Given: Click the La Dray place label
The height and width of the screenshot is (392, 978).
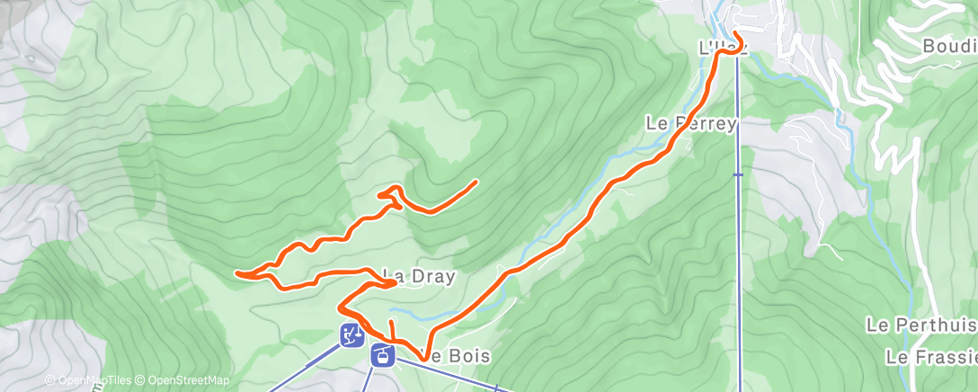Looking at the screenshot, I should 419,276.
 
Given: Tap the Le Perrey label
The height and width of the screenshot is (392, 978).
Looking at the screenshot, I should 691,123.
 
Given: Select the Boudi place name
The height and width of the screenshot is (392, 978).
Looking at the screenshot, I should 949,45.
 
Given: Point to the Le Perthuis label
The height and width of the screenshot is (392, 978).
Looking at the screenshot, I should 921,324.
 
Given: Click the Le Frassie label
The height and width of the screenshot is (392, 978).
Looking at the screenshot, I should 930,357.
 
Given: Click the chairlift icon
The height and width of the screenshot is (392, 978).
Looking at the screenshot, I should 351,334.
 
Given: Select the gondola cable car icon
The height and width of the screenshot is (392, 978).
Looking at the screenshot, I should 382,355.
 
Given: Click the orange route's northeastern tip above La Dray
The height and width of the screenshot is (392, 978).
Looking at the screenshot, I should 475,182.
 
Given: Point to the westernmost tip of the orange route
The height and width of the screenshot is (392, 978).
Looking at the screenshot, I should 236,272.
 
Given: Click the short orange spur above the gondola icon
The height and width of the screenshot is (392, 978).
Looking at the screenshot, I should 392,329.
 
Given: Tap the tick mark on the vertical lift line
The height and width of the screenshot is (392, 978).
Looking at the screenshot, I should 738,175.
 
